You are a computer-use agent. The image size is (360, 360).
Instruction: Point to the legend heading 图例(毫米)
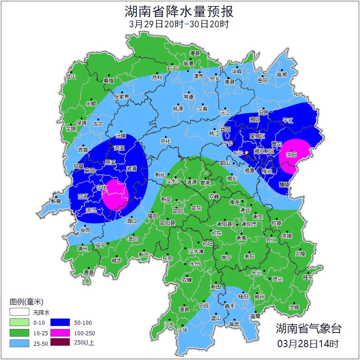click(x=26, y=302)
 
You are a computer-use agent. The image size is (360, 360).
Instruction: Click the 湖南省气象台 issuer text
click(x=308, y=328)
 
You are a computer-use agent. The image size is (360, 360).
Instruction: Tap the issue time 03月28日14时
click(x=308, y=343)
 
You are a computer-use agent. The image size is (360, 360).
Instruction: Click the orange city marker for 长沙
click(x=247, y=152)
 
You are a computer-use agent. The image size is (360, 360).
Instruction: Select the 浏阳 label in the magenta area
click(x=291, y=155)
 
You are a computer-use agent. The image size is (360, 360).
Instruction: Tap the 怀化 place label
click(x=102, y=188)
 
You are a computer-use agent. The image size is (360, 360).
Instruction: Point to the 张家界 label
click(x=121, y=97)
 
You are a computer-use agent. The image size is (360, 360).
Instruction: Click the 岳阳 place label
click(x=262, y=81)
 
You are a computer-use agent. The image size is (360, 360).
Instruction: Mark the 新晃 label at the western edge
click(x=56, y=201)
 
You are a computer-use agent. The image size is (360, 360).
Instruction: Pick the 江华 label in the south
click(x=183, y=330)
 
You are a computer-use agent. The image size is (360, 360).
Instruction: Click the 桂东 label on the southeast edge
click(x=308, y=277)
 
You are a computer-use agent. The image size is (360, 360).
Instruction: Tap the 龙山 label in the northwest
click(x=70, y=77)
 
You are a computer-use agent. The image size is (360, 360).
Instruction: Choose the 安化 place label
click(x=165, y=141)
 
